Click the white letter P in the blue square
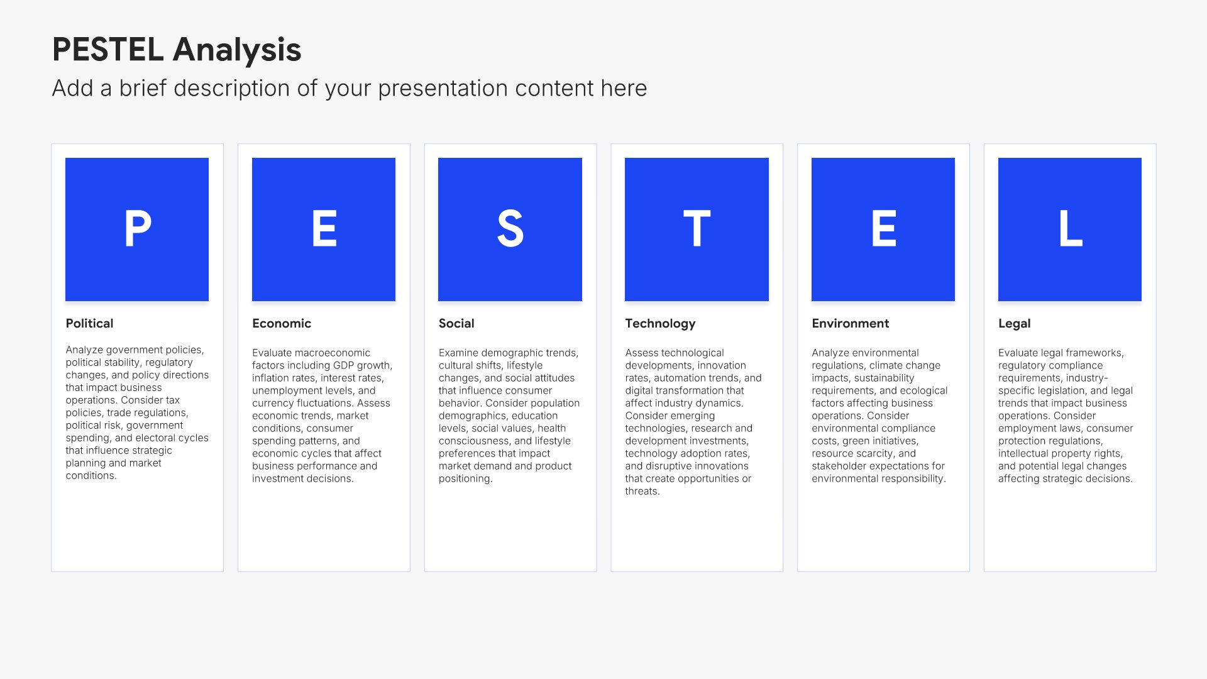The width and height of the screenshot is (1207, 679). tap(138, 229)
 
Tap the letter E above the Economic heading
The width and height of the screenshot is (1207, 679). tap(324, 229)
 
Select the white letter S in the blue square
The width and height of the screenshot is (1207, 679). tap(510, 229)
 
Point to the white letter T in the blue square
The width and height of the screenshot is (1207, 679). tap(697, 229)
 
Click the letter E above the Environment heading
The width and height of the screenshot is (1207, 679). tap(884, 229)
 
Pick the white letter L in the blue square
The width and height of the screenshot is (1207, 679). tap(1071, 229)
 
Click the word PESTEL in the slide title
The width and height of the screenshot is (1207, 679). tap(107, 50)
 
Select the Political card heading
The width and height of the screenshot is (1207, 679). tap(89, 323)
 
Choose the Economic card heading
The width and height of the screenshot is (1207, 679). tap(282, 323)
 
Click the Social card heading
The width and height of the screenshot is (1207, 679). tap(456, 323)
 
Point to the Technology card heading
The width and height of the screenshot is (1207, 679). tap(660, 324)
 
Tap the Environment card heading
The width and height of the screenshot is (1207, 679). tap(850, 323)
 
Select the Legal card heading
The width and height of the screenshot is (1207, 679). tap(1014, 324)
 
